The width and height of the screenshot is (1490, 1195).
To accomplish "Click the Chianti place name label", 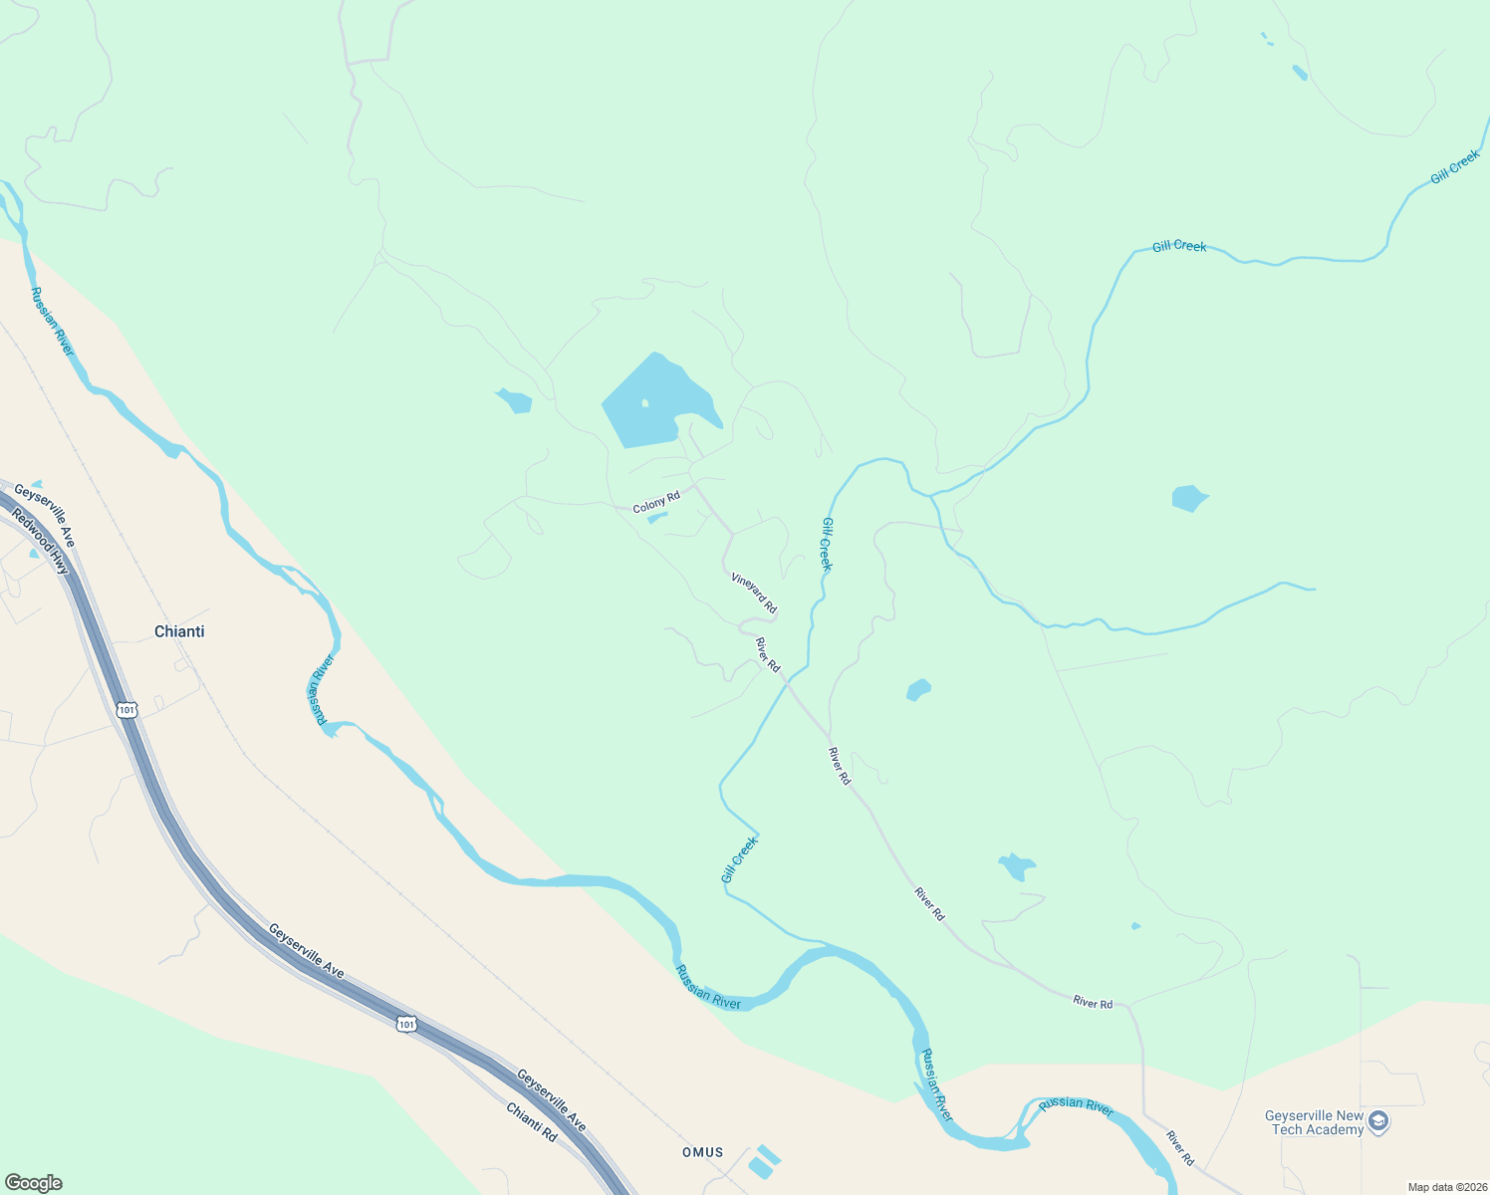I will (x=179, y=631).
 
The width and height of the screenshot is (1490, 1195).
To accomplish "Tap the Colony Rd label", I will (x=656, y=501).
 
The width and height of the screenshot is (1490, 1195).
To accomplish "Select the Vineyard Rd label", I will (x=754, y=593).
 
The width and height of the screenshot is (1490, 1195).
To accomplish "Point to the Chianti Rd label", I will (x=531, y=1122).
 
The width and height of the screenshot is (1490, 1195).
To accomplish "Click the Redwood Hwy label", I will (x=42, y=543).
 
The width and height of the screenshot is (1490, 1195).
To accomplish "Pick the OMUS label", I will (x=703, y=1152).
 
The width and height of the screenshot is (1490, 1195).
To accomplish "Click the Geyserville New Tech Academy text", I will (x=1314, y=1122).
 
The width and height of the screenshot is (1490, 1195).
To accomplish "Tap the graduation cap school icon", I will (x=1378, y=1122).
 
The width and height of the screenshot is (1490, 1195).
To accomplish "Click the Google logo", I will (x=33, y=1183).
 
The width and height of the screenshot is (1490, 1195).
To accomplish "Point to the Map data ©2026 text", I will (x=1447, y=1187).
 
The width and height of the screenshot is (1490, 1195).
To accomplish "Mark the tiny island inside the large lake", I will (x=645, y=403).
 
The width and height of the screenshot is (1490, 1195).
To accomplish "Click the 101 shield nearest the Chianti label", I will (x=125, y=710).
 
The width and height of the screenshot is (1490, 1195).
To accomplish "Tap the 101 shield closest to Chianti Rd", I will (x=405, y=1023).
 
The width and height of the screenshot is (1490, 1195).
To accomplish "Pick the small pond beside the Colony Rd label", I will (x=657, y=517).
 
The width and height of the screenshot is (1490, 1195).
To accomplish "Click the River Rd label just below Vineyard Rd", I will (x=768, y=654).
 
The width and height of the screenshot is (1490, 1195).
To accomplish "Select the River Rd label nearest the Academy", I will (x=1180, y=1147).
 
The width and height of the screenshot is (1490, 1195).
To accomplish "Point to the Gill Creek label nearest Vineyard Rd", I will (x=827, y=544).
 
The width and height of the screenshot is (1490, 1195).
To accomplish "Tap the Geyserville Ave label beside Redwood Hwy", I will (x=44, y=515).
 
